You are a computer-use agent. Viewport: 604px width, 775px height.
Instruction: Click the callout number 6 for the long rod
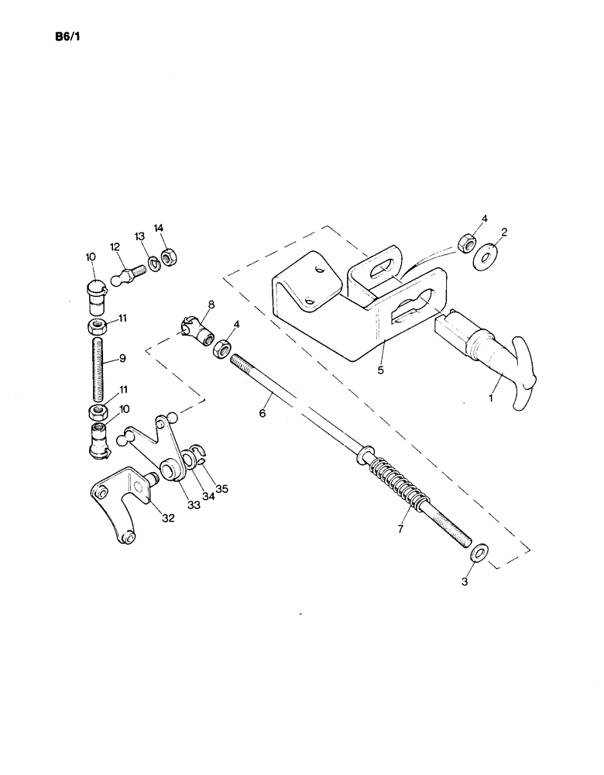click(x=263, y=414)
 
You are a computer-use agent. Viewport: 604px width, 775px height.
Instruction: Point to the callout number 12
click(x=115, y=246)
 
